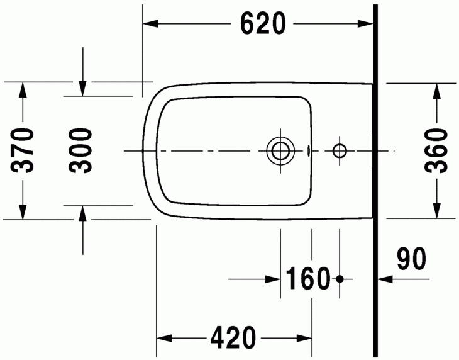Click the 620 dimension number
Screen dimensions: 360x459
(263, 24)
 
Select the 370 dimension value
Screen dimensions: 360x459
(23, 151)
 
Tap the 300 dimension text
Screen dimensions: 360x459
(81, 151)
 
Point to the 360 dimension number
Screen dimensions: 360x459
(435, 151)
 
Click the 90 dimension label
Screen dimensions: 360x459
(411, 258)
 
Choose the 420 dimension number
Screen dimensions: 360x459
(233, 339)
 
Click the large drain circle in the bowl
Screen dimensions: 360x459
(280, 151)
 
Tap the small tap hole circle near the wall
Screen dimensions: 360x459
(340, 151)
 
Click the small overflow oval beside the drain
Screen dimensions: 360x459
(308, 151)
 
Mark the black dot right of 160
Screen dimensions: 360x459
(340, 278)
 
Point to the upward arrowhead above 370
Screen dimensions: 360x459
(23, 89)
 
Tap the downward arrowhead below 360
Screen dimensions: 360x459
(435, 211)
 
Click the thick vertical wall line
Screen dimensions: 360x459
(375, 183)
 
